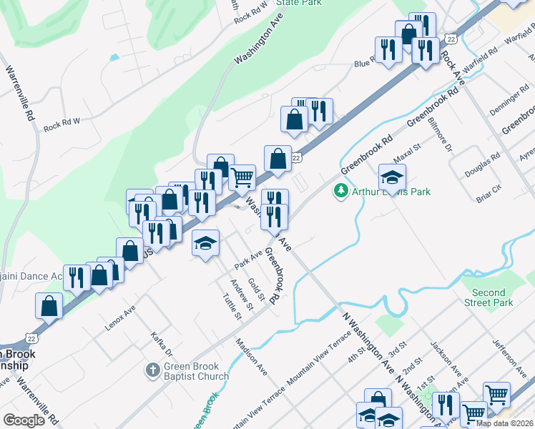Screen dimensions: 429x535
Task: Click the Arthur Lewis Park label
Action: click(x=391, y=192)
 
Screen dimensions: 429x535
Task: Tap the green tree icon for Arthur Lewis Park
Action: click(x=341, y=191)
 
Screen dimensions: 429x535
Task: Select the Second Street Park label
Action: click(x=489, y=297)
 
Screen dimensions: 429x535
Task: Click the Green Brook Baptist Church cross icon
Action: click(x=152, y=370)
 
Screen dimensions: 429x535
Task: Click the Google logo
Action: click(x=24, y=420)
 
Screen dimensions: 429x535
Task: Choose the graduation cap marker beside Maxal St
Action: click(x=392, y=176)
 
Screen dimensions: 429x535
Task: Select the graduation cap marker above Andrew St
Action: click(x=205, y=244)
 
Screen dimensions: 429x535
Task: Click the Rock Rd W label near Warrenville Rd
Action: click(x=62, y=124)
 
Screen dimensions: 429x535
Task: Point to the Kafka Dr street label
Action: click(x=162, y=343)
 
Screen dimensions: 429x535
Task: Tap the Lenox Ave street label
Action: click(x=120, y=317)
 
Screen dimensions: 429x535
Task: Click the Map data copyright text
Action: click(x=504, y=423)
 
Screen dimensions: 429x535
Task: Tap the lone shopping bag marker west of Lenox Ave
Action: click(x=48, y=305)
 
